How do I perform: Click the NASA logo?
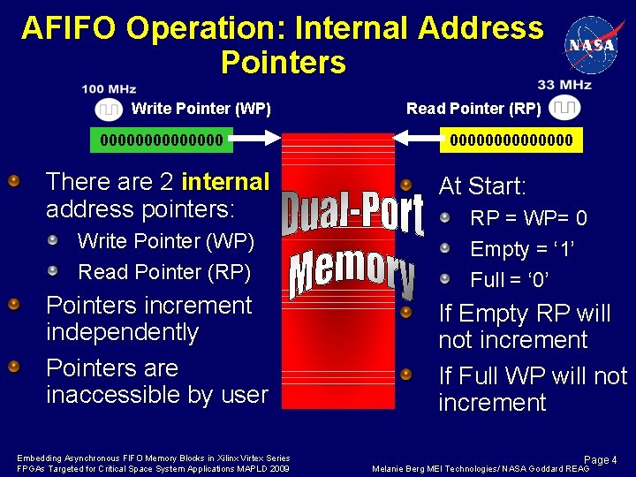594,43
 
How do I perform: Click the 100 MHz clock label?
109,89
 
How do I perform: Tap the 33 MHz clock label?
564,85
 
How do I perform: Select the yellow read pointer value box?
511,140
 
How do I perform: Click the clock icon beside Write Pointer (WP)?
109,110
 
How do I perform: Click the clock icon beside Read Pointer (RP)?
565,109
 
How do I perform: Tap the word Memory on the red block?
352,273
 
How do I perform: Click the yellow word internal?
224,182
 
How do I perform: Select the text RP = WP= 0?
528,218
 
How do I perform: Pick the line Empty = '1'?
523,249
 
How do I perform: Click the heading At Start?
482,186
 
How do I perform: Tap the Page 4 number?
602,460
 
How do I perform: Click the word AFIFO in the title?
69,28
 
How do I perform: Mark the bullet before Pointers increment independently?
14,305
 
